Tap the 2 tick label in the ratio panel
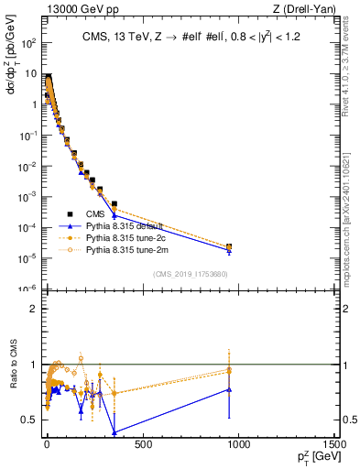pos(34,309)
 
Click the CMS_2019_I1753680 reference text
pos(190,273)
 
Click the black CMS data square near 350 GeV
pos(115,203)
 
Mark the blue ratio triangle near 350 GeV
pos(115,431)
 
